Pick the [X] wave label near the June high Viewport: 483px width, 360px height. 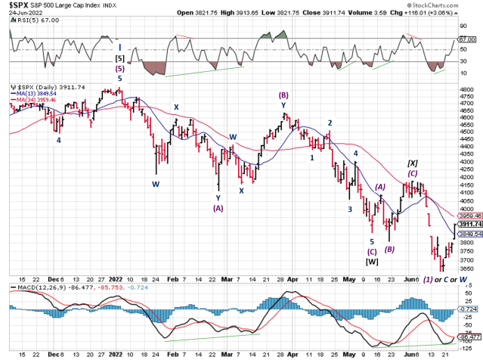pos(413,163)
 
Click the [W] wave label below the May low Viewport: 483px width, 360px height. pos(372,262)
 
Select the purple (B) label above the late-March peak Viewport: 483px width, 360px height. pos(283,95)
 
